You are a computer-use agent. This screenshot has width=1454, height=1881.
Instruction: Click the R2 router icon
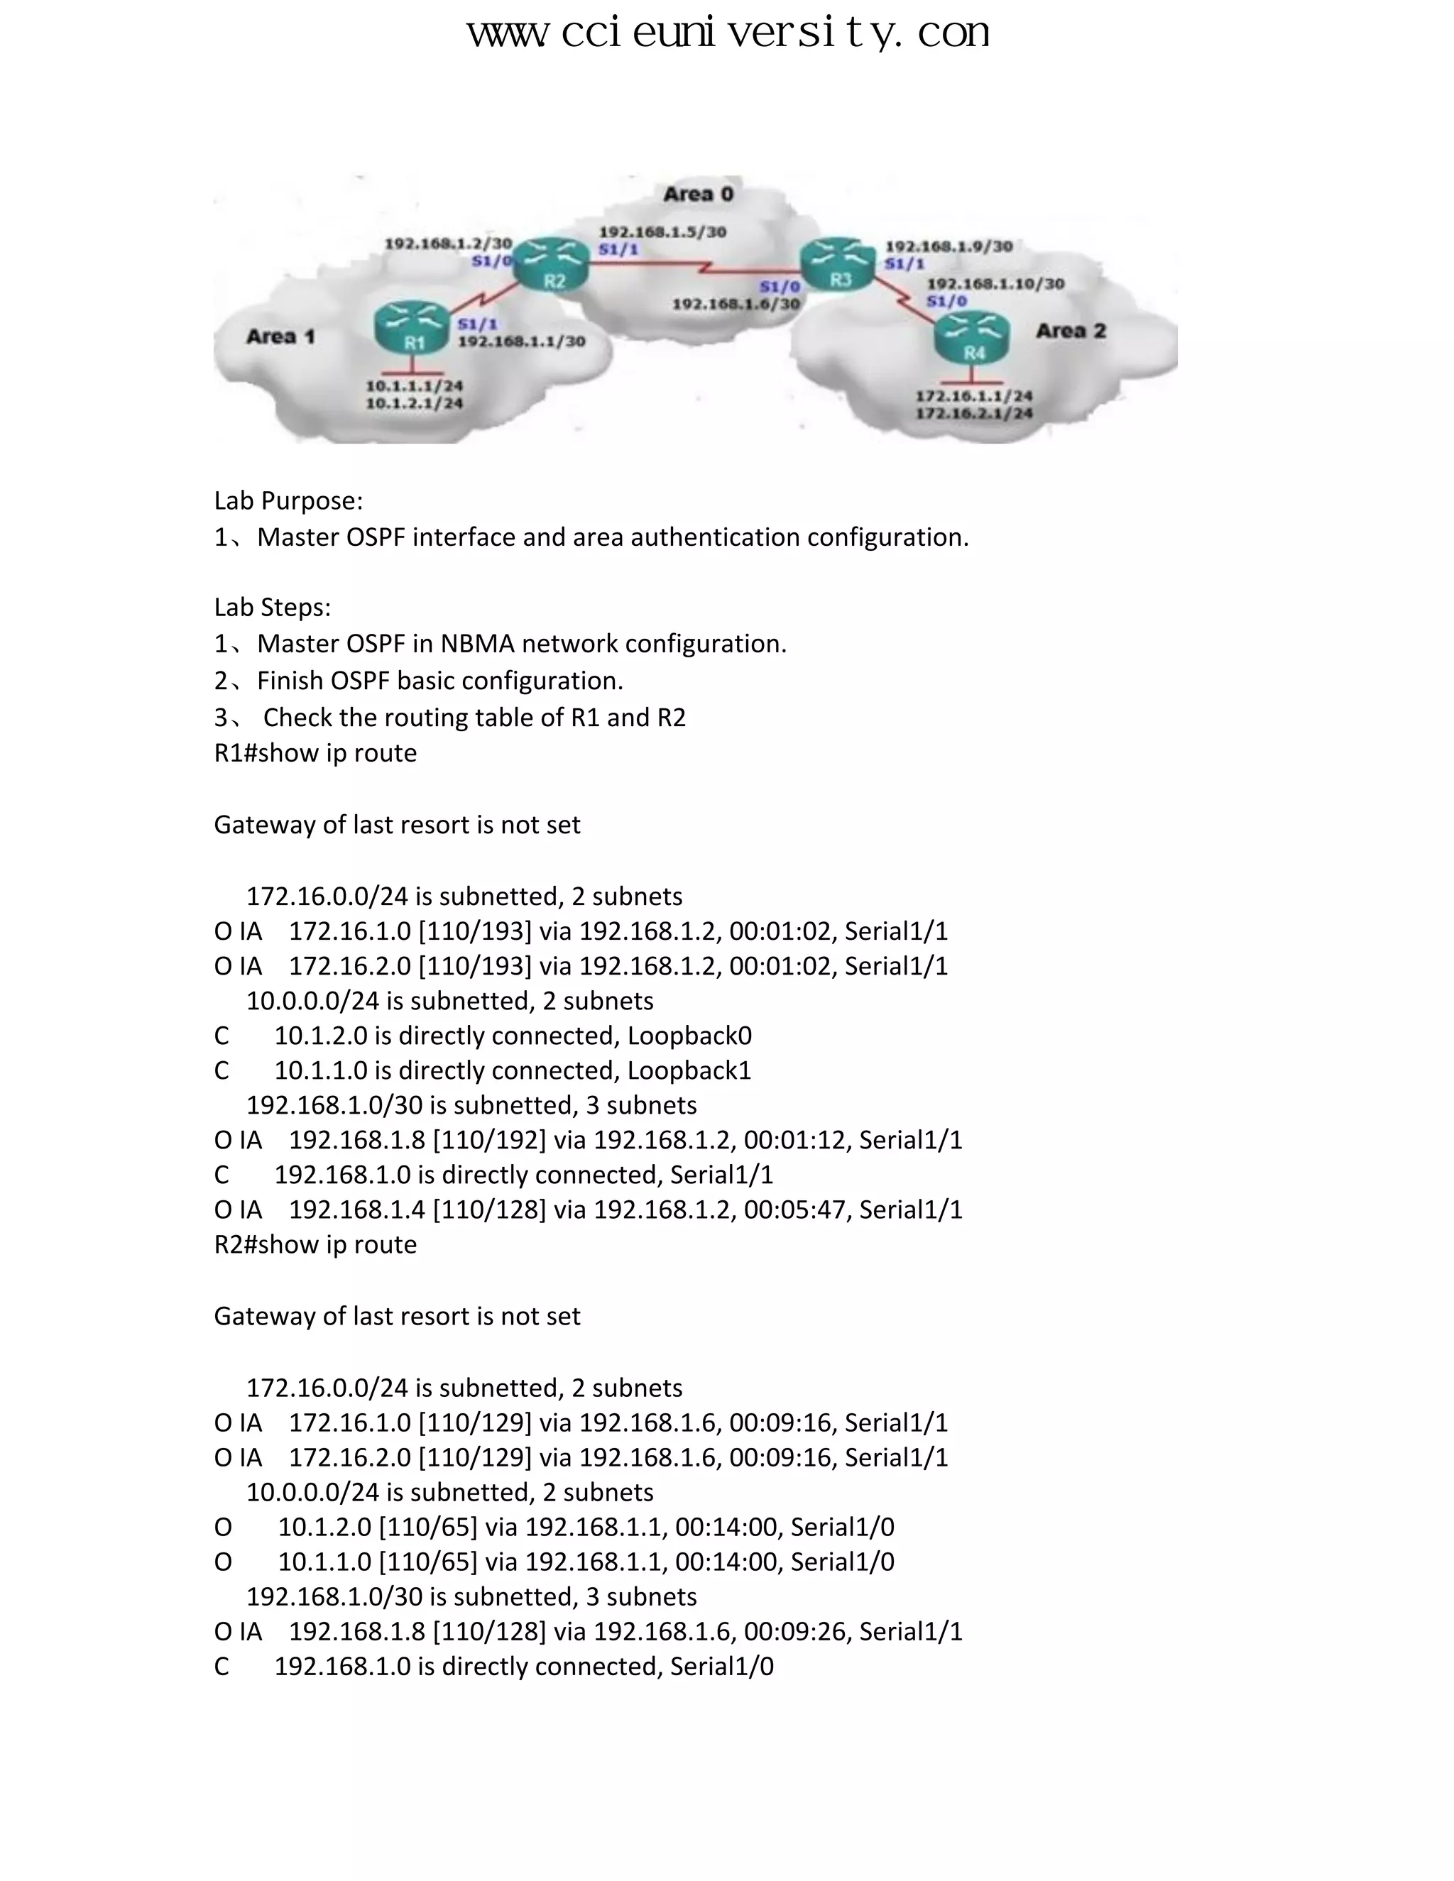pyautogui.click(x=551, y=265)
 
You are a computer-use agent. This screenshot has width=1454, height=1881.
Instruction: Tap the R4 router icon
pyautogui.click(x=972, y=338)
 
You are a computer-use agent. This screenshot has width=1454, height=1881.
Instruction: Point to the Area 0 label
pyautogui.click(x=699, y=194)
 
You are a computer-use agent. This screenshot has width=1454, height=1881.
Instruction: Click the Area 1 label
pyautogui.click(x=281, y=336)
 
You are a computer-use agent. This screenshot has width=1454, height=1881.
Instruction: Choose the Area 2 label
pyautogui.click(x=1071, y=331)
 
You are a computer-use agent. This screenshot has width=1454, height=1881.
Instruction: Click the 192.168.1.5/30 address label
pyautogui.click(x=662, y=231)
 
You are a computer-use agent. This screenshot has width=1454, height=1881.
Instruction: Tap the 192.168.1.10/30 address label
pyautogui.click(x=996, y=283)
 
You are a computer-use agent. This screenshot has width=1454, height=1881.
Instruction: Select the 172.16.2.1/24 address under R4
pyautogui.click(x=974, y=413)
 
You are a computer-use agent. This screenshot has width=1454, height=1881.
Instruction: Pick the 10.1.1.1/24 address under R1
pyautogui.click(x=415, y=386)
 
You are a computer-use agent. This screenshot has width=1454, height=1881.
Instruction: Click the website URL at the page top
pyautogui.click(x=728, y=33)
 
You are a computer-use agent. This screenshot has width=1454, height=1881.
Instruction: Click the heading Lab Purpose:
pyautogui.click(x=288, y=500)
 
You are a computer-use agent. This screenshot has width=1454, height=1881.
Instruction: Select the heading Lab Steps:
pyautogui.click(x=272, y=607)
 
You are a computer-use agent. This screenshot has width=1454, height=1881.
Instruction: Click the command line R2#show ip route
pyautogui.click(x=315, y=1244)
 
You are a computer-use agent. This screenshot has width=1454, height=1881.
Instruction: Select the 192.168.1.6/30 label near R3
pyautogui.click(x=736, y=304)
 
